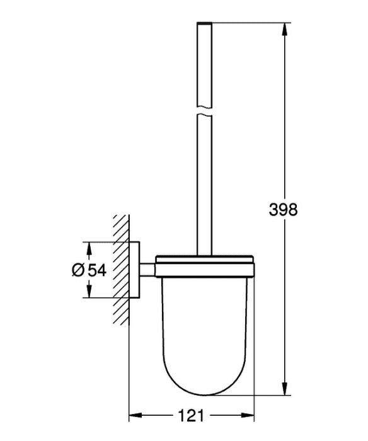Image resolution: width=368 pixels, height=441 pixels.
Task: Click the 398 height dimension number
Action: tap(283, 210)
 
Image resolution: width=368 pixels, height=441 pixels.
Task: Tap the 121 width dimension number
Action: tap(191, 415)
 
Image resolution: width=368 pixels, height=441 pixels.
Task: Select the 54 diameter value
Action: tap(97, 270)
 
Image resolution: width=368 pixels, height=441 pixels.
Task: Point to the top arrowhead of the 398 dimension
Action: tap(285, 29)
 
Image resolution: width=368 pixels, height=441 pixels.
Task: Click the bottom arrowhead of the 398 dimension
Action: tap(285, 388)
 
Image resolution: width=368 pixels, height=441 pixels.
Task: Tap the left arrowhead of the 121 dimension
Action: tap(135, 415)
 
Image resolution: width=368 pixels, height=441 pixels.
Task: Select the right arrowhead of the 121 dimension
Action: tap(248, 415)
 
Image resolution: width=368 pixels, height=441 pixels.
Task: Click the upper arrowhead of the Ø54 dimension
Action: tap(89, 248)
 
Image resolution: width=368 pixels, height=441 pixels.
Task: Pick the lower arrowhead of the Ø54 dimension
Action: tap(89, 291)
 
